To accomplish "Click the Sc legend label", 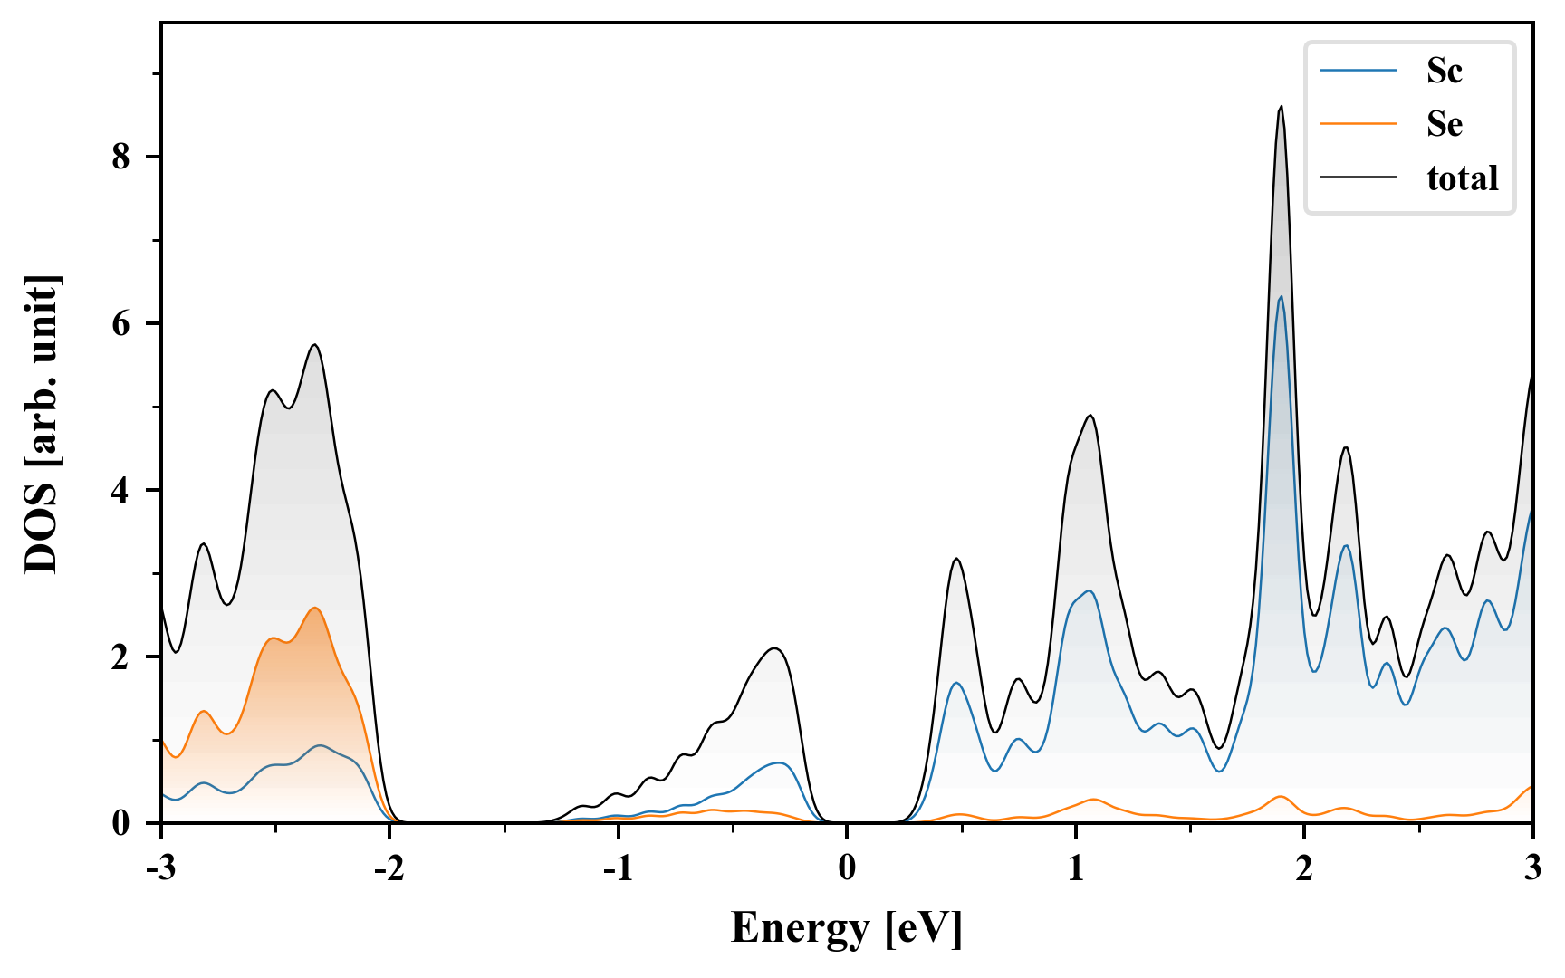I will [x=1444, y=71].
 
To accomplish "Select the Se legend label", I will [x=1444, y=124].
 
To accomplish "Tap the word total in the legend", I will [x=1462, y=178].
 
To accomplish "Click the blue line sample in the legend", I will [x=1358, y=71].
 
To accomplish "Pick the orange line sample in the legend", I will [x=1358, y=124].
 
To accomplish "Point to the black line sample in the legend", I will [x=1358, y=178].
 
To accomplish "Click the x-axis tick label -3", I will [x=160, y=868].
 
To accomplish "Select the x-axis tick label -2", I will [x=389, y=868].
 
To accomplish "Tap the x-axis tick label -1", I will [x=617, y=868].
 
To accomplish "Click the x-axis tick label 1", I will [x=1075, y=868].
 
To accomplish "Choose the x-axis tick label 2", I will [x=1304, y=868].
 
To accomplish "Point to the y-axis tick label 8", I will [x=121, y=158].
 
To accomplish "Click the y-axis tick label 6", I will [x=121, y=324].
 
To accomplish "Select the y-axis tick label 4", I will [x=121, y=491].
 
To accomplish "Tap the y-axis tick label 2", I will [x=121, y=657].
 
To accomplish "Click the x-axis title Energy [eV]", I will [x=846, y=928].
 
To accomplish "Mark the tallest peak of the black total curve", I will [x=1281, y=107].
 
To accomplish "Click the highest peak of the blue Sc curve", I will [x=1281, y=296].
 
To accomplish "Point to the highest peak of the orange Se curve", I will [x=315, y=608].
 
